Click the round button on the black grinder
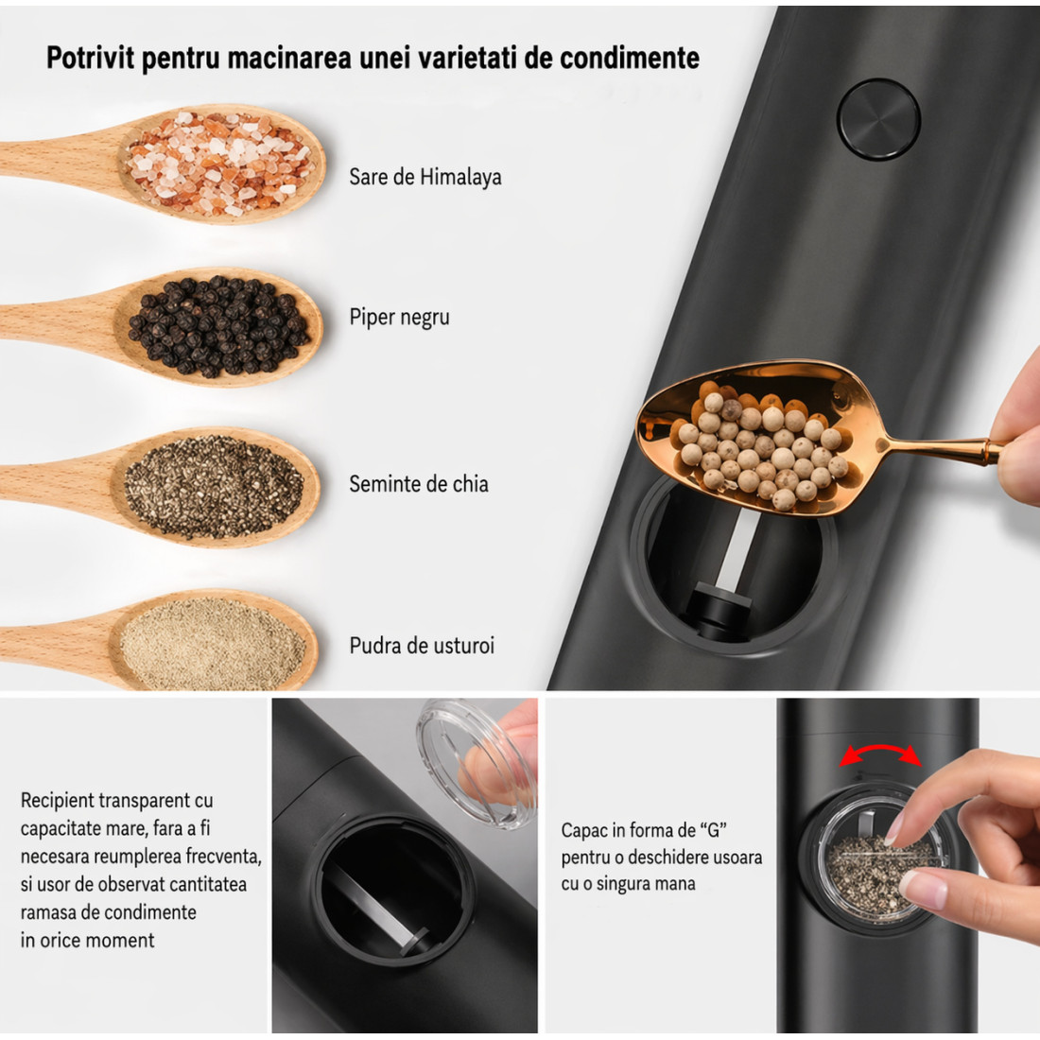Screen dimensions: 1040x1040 [878, 120]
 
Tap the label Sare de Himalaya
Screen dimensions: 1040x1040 [425, 177]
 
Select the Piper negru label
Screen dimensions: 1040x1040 [399, 317]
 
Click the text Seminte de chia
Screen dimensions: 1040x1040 [419, 483]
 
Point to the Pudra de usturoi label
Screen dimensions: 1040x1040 [422, 646]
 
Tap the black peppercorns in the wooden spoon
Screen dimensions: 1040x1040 [219, 325]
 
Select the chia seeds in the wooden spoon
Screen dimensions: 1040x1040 [214, 486]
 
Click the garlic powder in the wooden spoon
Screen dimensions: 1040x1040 [212, 643]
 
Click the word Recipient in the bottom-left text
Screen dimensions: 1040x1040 [59, 801]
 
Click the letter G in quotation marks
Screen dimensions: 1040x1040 [714, 830]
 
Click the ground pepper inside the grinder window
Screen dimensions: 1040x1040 [872, 875]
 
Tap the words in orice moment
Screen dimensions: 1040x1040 [88, 940]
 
